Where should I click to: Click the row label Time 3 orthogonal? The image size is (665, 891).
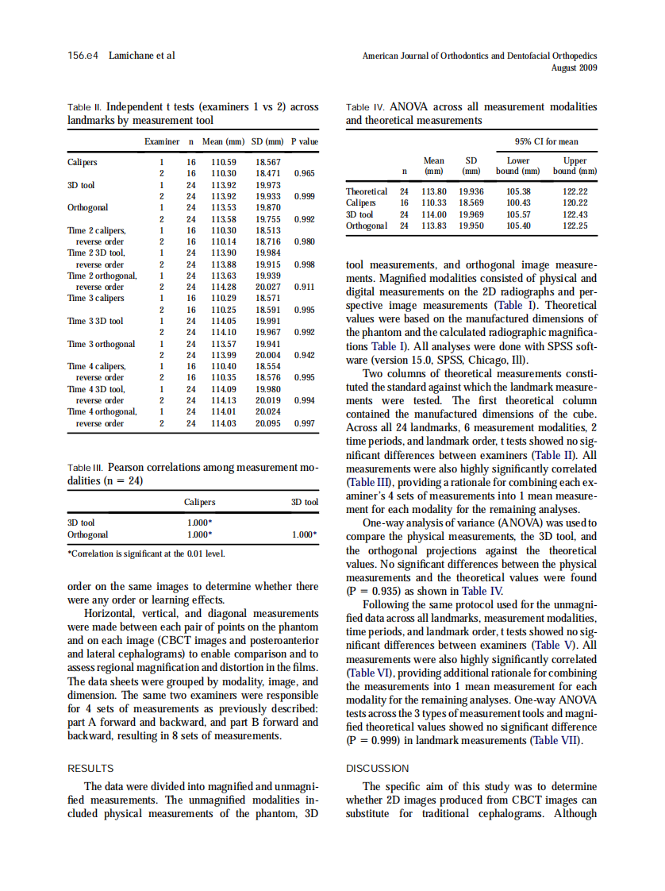pos(101,344)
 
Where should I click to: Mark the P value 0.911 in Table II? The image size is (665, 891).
pos(305,286)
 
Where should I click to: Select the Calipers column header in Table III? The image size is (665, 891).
pos(199,502)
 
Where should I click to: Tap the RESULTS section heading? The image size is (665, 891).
pos(90,768)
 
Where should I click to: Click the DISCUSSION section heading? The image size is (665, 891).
pos(378,768)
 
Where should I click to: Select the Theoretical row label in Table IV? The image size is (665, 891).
pos(367,191)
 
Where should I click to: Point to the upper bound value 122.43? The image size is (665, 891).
pos(575,214)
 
